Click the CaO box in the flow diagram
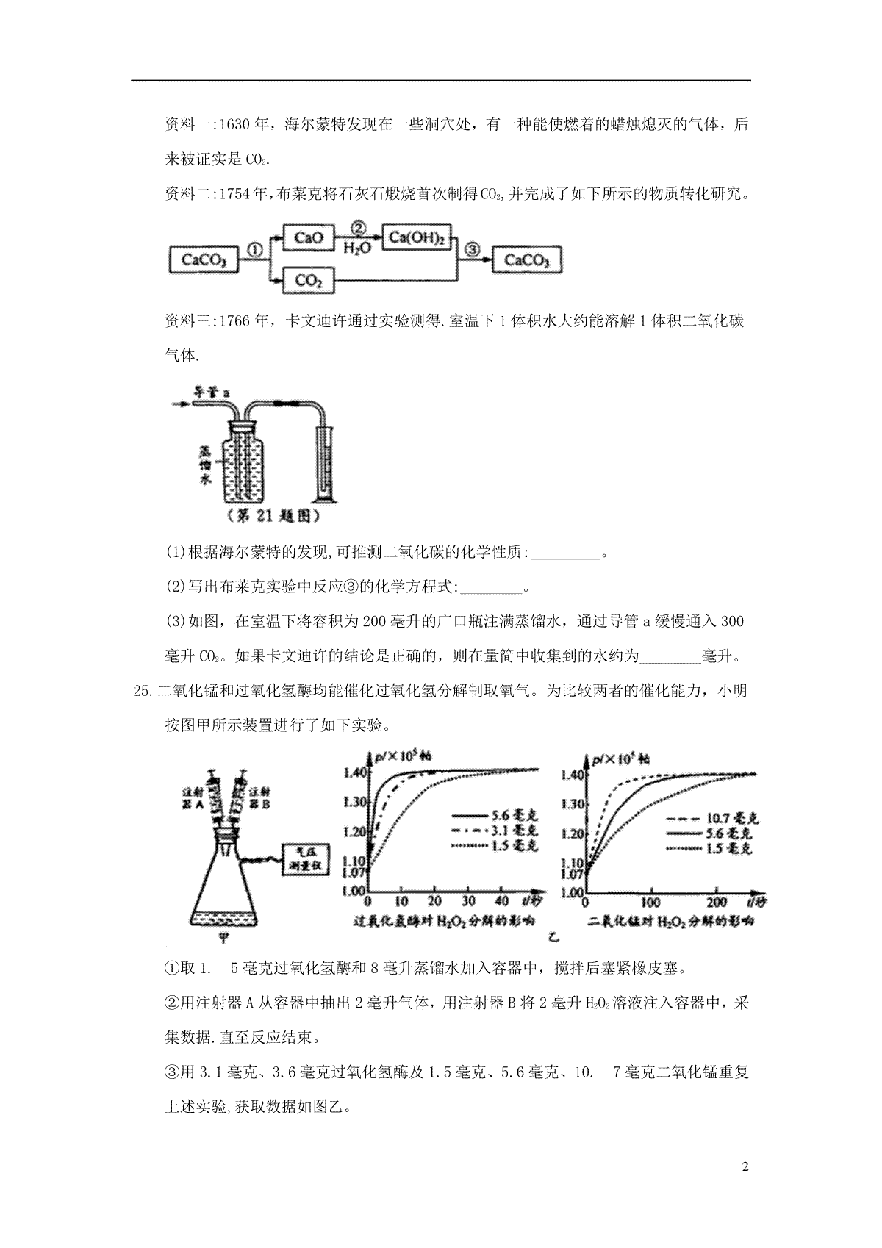coord(309,237)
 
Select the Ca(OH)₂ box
coord(417,237)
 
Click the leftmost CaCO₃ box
coord(204,259)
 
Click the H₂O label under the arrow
coord(358,248)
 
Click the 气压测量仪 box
coord(304,858)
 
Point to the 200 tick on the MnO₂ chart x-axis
coord(717,902)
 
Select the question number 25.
coord(140,691)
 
